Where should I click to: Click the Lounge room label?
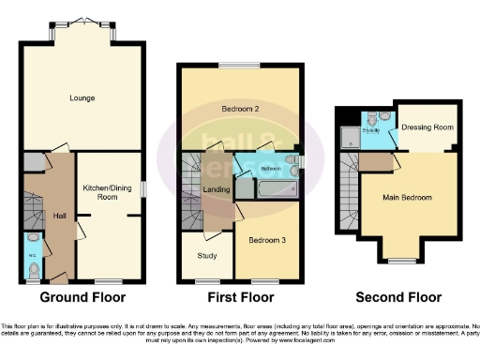click(82, 97)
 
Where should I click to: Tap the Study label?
click(206, 255)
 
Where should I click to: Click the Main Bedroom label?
click(407, 198)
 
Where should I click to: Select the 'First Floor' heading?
click(242, 298)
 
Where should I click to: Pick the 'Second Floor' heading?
click(397, 298)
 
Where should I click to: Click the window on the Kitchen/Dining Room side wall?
click(143, 188)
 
